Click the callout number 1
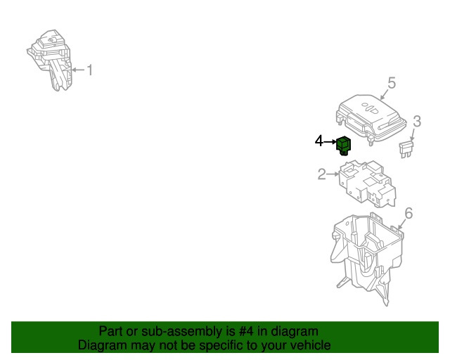pos(90,70)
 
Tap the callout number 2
pos(322,174)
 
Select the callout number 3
pos(417,122)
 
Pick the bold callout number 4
pos(319,141)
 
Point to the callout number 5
pos(392,83)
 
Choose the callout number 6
pos(409,213)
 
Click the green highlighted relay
pos(344,146)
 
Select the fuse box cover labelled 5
pos(371,119)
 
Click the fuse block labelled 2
pos(367,184)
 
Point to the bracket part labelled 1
pos(50,60)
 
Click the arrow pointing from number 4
pos(330,141)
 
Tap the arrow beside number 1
pos(78,70)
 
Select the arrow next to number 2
pos(333,174)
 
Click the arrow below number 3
pos(413,134)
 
